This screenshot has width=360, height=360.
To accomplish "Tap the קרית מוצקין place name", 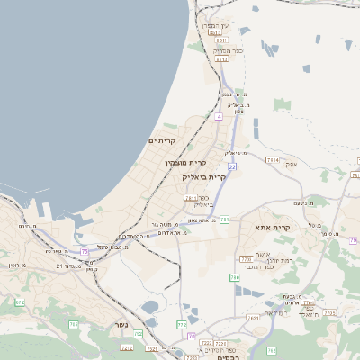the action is click(x=185, y=163).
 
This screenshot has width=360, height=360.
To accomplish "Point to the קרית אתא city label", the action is click(x=272, y=228).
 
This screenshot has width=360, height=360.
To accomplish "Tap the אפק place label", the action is click(x=291, y=164).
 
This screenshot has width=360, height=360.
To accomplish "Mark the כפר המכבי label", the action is click(x=258, y=267).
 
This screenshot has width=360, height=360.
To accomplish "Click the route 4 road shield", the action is click(x=218, y=117).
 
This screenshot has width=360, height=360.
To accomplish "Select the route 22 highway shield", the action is click(x=232, y=166).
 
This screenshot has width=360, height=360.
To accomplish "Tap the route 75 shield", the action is click(x=85, y=251).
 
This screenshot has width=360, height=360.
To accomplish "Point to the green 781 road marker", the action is click(x=225, y=219).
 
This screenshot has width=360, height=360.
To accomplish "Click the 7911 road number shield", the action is click(x=190, y=196).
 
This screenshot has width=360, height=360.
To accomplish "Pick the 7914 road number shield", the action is click(x=273, y=159).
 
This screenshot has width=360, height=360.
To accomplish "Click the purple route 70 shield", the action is click(x=191, y=335).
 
